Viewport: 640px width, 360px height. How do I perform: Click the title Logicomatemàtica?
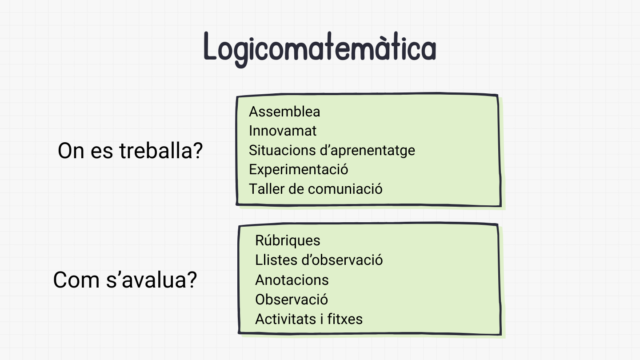coord(320,48)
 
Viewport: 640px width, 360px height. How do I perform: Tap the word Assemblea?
coord(284,112)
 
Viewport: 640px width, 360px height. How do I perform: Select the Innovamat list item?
coord(283,131)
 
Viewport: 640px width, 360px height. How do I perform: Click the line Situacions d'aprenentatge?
coord(332,150)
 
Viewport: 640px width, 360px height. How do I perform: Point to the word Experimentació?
coord(298,169)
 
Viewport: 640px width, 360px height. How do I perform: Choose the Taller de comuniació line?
coord(316,189)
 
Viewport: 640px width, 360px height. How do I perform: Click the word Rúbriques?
coord(288,240)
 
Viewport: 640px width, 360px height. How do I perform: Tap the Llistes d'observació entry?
coord(319,260)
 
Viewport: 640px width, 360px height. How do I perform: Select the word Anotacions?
coord(292,280)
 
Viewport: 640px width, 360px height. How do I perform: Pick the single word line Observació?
coord(291,300)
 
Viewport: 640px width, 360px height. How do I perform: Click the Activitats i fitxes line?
coord(308,319)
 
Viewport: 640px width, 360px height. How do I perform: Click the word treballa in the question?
coord(161,152)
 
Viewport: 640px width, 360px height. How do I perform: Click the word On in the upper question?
coord(71,152)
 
